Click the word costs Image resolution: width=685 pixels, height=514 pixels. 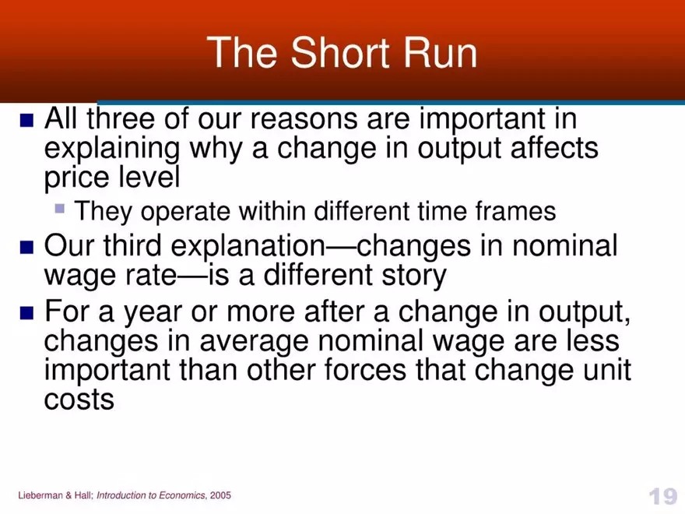coord(79,400)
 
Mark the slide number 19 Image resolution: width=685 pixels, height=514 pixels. coord(662,496)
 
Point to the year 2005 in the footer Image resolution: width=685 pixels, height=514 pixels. coord(220,496)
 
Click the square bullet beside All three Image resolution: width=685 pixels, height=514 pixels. coord(27,121)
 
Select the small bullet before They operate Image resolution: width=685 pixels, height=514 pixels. coord(60,209)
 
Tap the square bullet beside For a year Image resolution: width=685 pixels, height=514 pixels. coord(27,313)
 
